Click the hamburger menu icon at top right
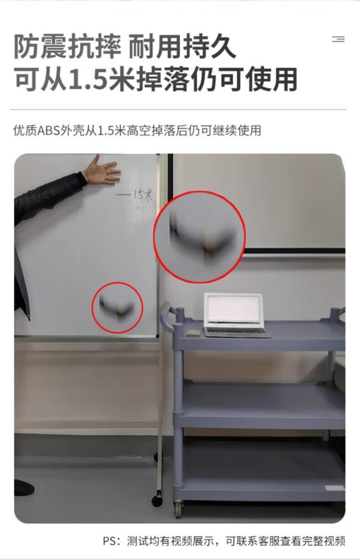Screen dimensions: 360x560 (x=338, y=39)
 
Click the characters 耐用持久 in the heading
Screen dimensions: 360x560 (x=182, y=47)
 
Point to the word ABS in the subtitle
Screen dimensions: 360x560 (x=49, y=131)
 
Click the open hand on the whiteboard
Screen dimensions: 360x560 (x=101, y=170)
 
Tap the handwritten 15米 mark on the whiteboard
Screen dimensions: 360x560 (x=135, y=195)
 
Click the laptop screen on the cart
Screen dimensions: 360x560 (x=233, y=310)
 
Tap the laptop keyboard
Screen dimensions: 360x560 (x=235, y=331)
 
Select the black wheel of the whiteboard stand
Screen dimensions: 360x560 (x=157, y=501)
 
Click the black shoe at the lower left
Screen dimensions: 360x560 (x=23, y=488)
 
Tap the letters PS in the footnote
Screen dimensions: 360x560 (x=110, y=541)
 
